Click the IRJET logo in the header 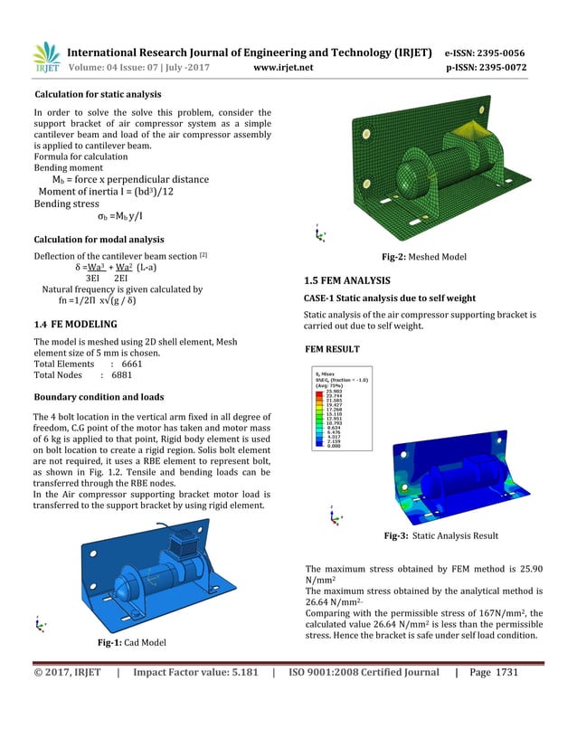[x=45, y=59]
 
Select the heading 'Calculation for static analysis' [x=98, y=95]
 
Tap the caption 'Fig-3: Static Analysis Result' [x=440, y=536]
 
